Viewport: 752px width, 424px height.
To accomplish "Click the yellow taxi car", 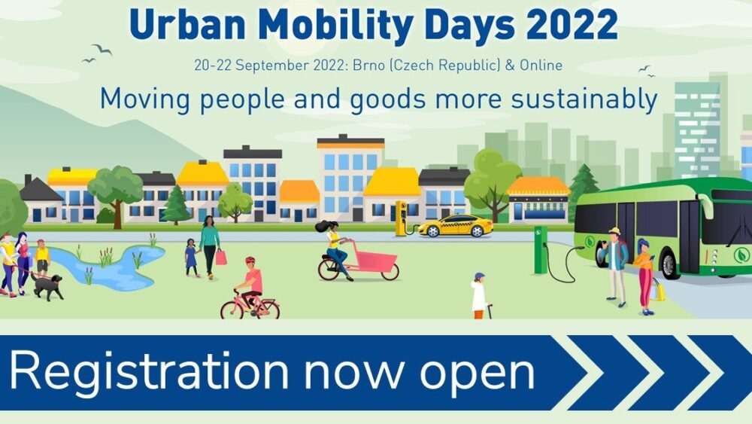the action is coord(456,226).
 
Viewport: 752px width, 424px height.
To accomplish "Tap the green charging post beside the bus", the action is coord(541,250).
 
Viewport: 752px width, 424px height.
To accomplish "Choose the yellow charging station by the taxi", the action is coord(401,218).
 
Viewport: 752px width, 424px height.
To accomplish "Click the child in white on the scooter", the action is coord(479,296).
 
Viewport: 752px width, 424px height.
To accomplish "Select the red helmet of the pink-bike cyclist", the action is coord(250,261).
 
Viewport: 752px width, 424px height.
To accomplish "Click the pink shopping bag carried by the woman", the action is coord(220,258).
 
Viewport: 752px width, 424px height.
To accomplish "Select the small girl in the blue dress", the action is coord(191,258).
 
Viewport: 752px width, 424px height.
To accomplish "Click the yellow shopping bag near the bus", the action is coord(659,289).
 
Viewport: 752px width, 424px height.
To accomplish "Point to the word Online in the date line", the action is coord(541,65).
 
